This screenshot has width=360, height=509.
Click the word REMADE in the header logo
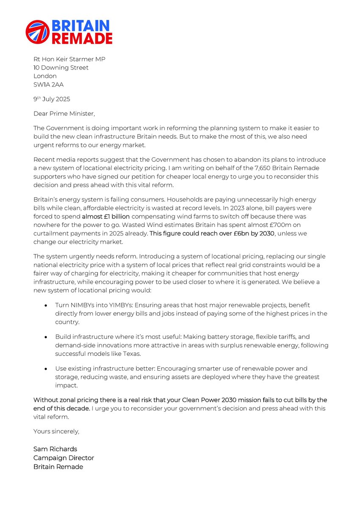click(82, 39)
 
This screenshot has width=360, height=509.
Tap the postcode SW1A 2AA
click(48, 84)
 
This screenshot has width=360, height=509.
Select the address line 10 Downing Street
click(61, 67)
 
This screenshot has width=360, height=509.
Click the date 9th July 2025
click(52, 99)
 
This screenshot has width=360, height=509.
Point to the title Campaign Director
click(64, 458)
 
